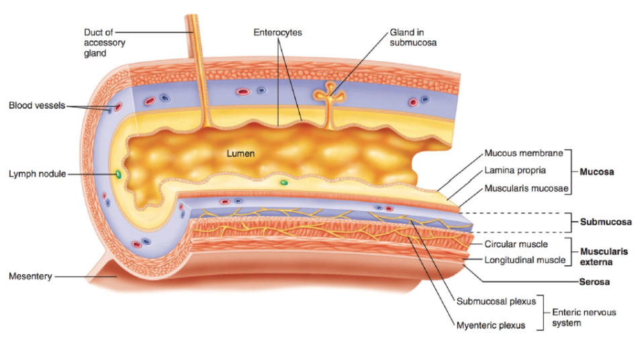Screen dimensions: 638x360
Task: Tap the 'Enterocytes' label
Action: (x=277, y=32)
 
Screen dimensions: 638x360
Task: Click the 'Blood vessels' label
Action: (x=37, y=105)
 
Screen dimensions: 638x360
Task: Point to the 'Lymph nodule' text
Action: (x=38, y=174)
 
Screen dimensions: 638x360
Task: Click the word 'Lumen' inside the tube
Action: (x=240, y=154)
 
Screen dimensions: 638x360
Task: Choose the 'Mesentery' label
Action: (x=30, y=276)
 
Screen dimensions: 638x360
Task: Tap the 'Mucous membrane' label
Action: (x=523, y=153)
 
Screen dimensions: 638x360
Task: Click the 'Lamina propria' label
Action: (x=515, y=171)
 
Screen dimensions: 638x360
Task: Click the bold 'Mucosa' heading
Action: (x=596, y=171)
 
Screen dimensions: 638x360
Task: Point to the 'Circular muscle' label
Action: (x=516, y=244)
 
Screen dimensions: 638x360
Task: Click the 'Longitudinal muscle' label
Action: (x=525, y=260)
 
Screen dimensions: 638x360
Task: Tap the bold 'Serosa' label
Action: (x=594, y=282)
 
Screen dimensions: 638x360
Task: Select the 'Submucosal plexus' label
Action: (x=496, y=301)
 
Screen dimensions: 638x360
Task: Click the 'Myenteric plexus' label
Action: (x=490, y=326)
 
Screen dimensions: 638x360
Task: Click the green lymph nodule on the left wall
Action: (x=119, y=175)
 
